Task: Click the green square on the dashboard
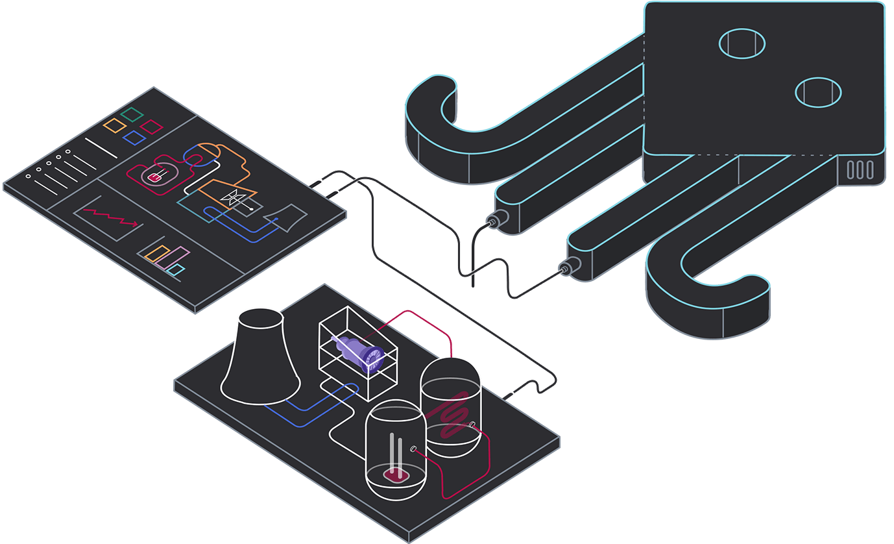pos(132,115)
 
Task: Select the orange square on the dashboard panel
pos(115,125)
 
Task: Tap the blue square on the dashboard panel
pos(134,137)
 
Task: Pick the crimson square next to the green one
pos(152,126)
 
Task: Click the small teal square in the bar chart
pos(176,269)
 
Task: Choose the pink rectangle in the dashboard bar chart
pos(175,256)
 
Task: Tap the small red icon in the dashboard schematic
pos(154,177)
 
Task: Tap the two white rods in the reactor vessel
pos(395,454)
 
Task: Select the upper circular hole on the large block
pos(742,43)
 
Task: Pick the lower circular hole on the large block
pos(818,92)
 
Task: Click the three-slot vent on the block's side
pos(860,170)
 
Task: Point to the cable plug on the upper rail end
pos(496,221)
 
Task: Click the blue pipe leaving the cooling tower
pos(305,415)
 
